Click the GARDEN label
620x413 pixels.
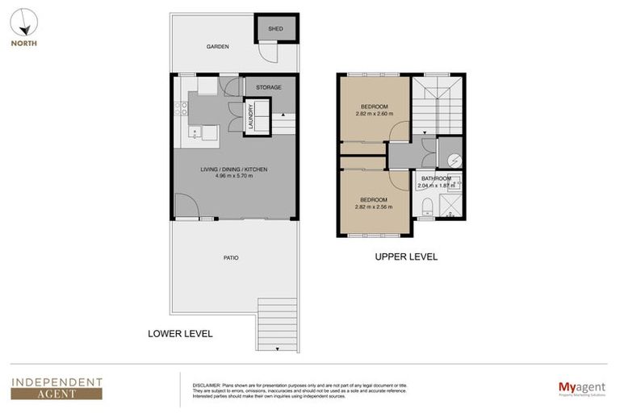coord(217,47)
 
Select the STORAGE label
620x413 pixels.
coord(269,87)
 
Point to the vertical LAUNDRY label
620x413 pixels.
coord(252,116)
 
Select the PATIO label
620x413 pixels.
coord(232,258)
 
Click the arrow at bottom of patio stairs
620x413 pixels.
coord(277,348)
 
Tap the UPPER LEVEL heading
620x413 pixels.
coord(406,257)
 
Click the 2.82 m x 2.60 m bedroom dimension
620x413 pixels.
coord(374,114)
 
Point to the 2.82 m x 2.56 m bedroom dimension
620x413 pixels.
coord(374,206)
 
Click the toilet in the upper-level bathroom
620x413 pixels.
coord(427,209)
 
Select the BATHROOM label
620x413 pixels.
coord(436,178)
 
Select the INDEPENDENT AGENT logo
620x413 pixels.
coord(57,388)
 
